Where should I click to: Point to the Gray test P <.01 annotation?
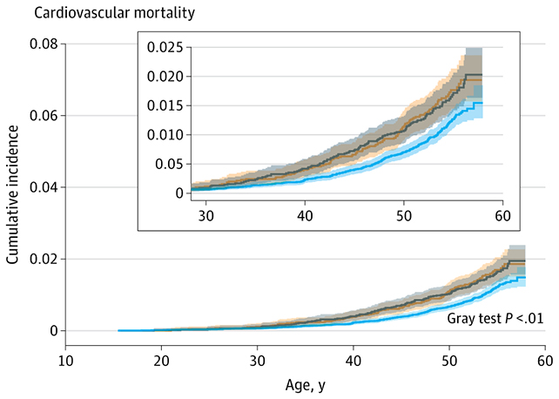click(495, 319)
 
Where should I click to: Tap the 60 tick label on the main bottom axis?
click(544, 360)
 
